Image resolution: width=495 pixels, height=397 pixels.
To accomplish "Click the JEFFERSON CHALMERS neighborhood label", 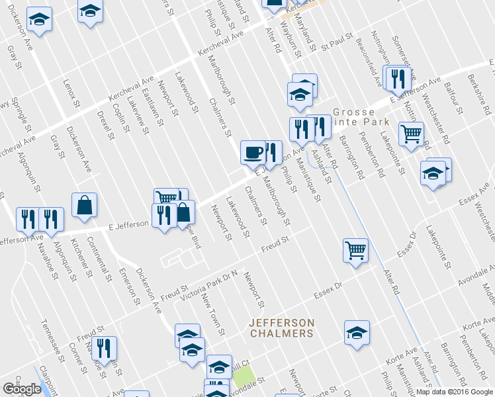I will [x=281, y=328].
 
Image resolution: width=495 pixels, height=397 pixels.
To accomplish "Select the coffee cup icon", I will [x=253, y=153].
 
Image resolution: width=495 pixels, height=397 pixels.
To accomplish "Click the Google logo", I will [x=22, y=389].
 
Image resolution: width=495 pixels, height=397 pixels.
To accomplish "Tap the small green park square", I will [x=244, y=376].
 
